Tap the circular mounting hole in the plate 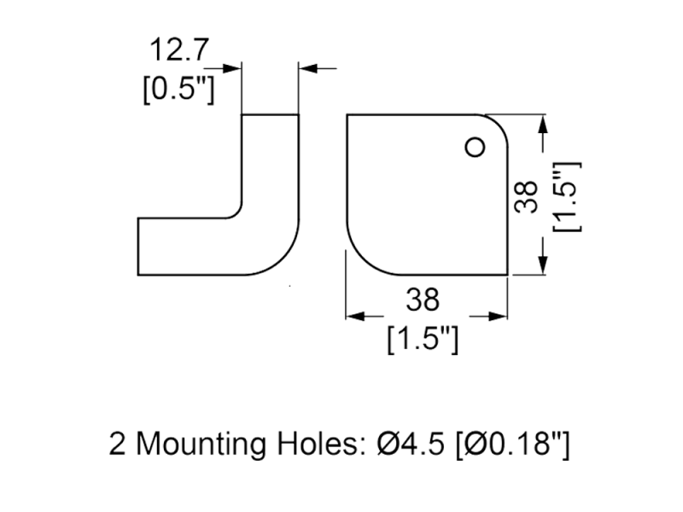470,148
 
